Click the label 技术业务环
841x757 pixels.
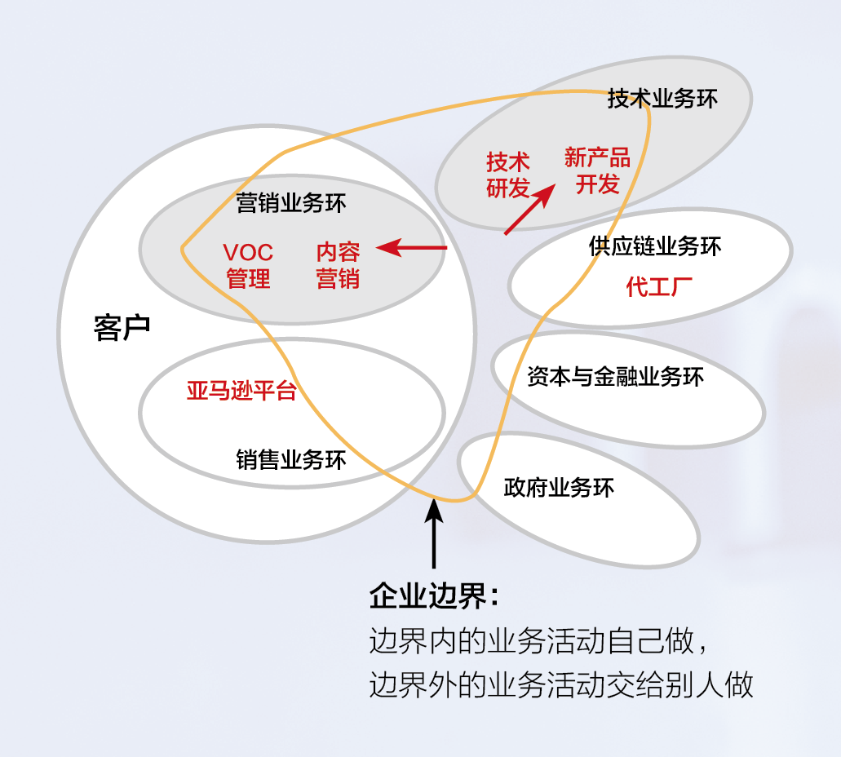[x=662, y=100]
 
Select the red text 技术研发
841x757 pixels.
[x=507, y=175]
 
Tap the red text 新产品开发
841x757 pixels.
[x=597, y=170]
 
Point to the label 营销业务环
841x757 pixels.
[x=291, y=203]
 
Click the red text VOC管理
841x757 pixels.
[x=248, y=265]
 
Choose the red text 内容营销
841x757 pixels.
[x=338, y=265]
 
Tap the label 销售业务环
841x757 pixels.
[x=291, y=460]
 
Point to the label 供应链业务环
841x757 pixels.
[x=655, y=246]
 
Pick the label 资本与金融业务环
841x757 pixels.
[x=615, y=377]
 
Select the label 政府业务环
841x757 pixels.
[x=559, y=488]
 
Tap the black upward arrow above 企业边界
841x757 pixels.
[x=434, y=534]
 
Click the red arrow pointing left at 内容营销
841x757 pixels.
[x=411, y=247]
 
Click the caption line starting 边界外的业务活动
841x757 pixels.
[x=560, y=684]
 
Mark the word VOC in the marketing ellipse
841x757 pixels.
[x=248, y=252]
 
